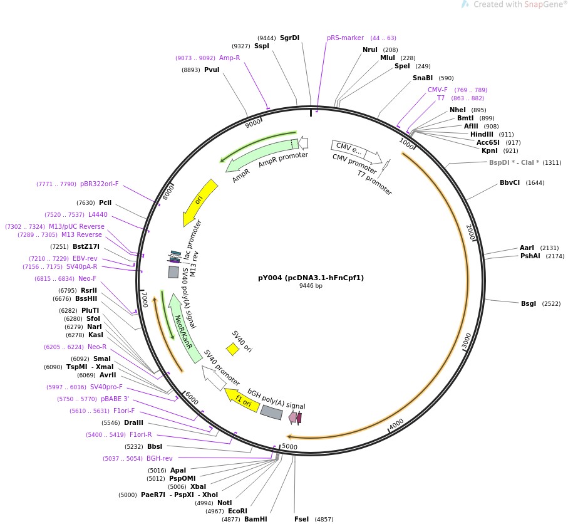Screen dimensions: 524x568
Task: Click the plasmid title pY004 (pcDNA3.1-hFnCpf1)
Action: point(311,278)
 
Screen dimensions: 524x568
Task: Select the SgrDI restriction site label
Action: point(289,38)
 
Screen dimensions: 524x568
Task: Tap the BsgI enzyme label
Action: point(529,303)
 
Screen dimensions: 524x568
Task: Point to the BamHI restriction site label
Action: point(256,519)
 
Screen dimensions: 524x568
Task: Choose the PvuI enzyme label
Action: point(212,70)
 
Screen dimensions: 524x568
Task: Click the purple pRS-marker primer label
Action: point(345,38)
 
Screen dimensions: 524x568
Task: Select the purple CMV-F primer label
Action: point(438,90)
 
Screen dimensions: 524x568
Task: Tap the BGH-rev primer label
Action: point(160,458)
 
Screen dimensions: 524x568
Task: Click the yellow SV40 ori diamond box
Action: point(232,348)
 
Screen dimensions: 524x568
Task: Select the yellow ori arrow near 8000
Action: point(200,202)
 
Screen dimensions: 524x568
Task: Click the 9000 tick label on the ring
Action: point(254,123)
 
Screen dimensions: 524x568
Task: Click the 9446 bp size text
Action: point(311,286)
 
